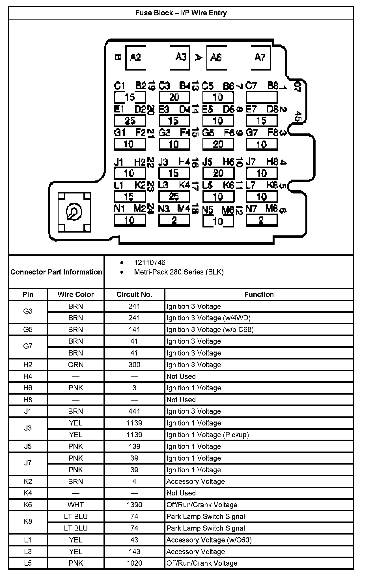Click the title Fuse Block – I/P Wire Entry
[181, 13]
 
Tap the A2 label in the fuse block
[135, 58]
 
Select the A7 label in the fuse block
[260, 58]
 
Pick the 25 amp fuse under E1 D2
[130, 121]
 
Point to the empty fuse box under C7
[262, 97]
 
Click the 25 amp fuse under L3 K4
[174, 197]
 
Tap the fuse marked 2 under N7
[262, 220]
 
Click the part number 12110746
[150, 263]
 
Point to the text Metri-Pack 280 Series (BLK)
[179, 272]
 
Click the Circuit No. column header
[134, 295]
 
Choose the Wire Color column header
[76, 295]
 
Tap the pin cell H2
[28, 365]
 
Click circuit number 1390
[134, 505]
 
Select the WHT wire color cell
[76, 505]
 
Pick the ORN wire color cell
[76, 365]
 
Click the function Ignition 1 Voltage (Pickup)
[208, 435]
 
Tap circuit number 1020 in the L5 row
[134, 563]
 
